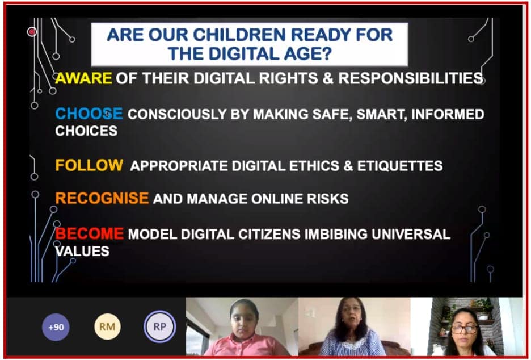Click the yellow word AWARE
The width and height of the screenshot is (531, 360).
pos(83,78)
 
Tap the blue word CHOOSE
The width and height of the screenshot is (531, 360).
pos(88,114)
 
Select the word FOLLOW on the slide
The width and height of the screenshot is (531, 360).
pos(89,165)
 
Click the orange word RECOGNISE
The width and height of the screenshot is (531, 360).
pos(102,198)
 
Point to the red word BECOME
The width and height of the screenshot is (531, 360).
pos(90,233)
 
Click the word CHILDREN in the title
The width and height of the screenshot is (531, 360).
pos(240,35)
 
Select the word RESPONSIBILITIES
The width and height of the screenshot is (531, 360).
pos(411,78)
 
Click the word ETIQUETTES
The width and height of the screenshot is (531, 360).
pos(400,166)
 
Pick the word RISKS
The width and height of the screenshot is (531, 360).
pos(327,199)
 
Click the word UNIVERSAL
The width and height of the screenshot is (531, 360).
pos(411,235)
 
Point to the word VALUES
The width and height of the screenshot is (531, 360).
pos(82,251)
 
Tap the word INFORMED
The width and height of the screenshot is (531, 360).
pos(448,114)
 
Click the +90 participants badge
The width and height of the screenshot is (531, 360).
pos(56,327)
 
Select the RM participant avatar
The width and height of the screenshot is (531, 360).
pos(107,326)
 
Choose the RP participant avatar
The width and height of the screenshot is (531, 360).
pos(160,326)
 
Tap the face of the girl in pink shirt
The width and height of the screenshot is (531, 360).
pos(244,320)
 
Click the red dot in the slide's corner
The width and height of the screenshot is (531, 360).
pos(32,32)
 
